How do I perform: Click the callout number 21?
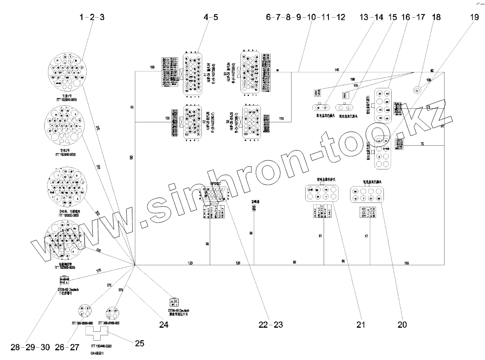coord(361,325)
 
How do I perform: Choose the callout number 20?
coord(402,325)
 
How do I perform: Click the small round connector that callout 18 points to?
coord(417,90)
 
